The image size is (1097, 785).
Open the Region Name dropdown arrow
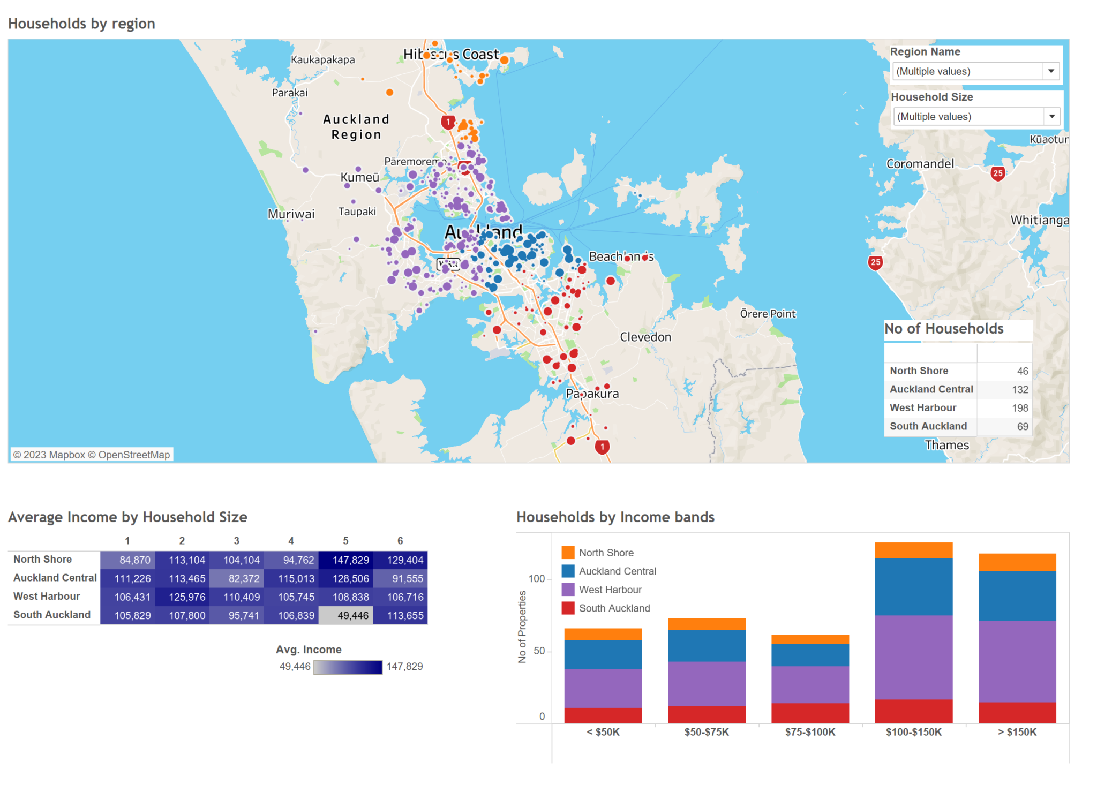point(1051,71)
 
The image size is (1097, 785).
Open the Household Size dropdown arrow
point(1051,117)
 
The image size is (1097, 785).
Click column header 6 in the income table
point(400,541)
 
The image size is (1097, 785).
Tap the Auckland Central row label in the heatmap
point(55,578)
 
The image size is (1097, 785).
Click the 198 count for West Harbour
point(1019,408)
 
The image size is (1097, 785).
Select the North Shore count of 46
point(1022,371)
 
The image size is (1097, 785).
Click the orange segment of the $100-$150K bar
point(913,550)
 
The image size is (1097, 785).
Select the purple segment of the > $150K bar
point(1017,661)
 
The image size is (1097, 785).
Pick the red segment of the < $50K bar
point(603,715)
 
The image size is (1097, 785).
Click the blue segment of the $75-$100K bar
point(810,655)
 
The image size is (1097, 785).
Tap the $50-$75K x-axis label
point(707,732)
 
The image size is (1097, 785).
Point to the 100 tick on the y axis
point(536,579)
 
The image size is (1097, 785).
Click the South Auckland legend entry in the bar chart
point(614,608)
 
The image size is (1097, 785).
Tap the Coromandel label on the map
point(920,164)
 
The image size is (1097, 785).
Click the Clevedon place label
point(645,337)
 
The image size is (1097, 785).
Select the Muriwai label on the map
point(291,214)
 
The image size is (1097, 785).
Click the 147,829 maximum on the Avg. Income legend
point(404,667)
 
